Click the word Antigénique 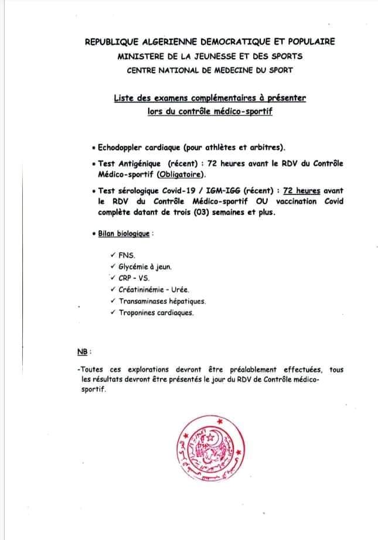pyautogui.click(x=141, y=164)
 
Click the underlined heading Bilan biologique pyautogui.click(x=124, y=234)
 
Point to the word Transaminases pyautogui.click(x=144, y=302)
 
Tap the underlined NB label pyautogui.click(x=82, y=352)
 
